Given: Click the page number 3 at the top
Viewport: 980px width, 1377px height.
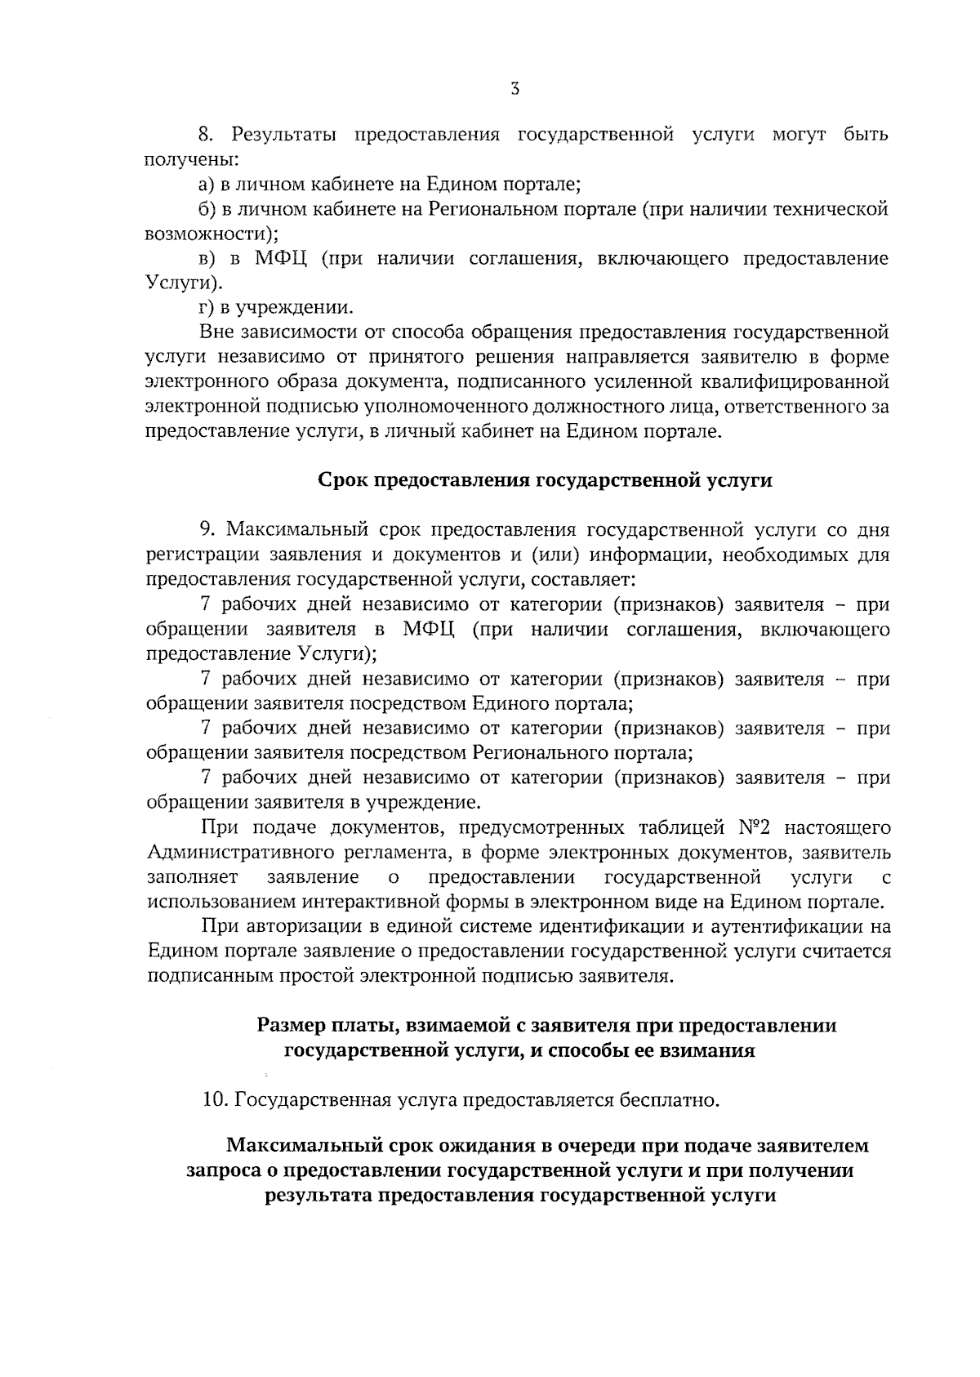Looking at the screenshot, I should click(514, 91).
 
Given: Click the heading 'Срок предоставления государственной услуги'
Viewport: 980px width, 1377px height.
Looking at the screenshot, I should click(544, 480).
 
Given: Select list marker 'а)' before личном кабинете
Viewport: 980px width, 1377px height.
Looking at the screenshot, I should click(207, 184).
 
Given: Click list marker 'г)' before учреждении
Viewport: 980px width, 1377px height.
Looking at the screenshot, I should click(206, 308).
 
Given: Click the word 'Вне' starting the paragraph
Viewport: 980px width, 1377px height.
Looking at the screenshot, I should click(216, 332).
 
